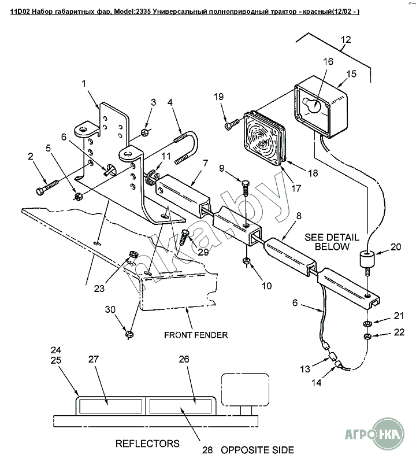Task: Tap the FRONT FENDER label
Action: point(196,335)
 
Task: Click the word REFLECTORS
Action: point(147,443)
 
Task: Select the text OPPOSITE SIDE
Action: point(257,449)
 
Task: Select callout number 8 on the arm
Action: point(299,216)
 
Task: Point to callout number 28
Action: point(207,449)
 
